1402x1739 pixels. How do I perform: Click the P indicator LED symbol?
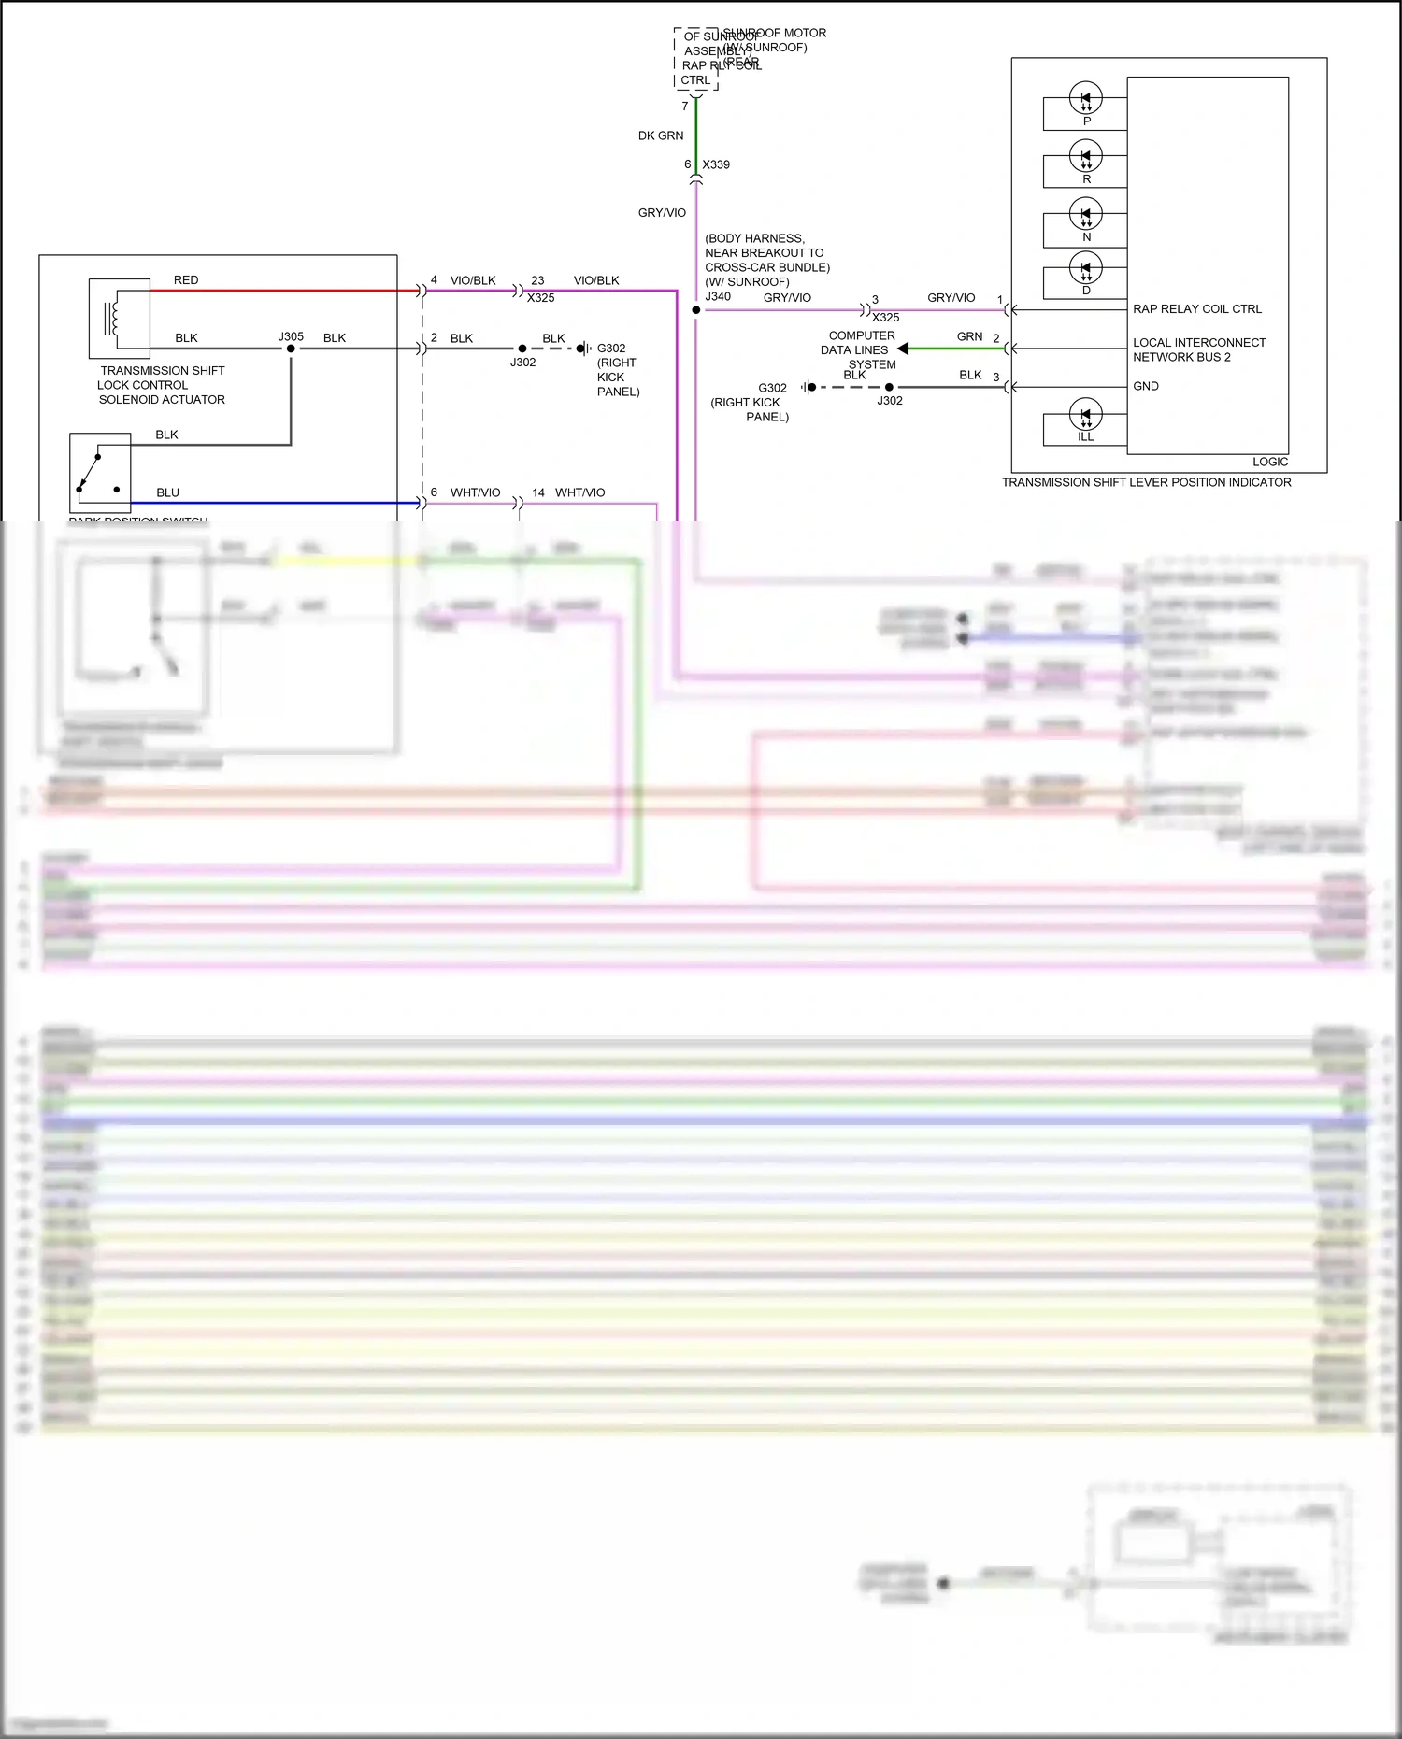click(1085, 97)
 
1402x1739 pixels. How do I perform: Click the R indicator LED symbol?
click(1085, 156)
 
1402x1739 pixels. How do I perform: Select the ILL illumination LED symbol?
click(1085, 414)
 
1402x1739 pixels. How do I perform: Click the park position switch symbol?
click(100, 473)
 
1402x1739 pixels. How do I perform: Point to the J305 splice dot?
click(291, 349)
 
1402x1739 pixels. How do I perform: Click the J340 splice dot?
click(696, 309)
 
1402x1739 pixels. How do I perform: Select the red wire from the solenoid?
click(280, 291)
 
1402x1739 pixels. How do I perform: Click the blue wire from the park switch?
click(280, 503)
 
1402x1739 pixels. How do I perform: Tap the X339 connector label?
click(716, 164)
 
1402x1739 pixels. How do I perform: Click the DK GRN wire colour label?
click(661, 135)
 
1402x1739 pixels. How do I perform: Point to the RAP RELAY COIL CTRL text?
click(1197, 309)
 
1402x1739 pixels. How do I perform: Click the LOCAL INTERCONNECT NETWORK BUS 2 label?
click(1199, 349)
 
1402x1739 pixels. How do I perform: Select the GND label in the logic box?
click(1146, 386)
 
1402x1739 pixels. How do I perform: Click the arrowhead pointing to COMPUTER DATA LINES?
click(903, 349)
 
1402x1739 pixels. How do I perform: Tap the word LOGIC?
click(1270, 462)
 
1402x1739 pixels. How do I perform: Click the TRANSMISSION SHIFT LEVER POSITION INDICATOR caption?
click(1147, 482)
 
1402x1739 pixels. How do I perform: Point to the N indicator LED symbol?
click(1085, 214)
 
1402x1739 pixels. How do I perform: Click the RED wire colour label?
click(186, 279)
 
